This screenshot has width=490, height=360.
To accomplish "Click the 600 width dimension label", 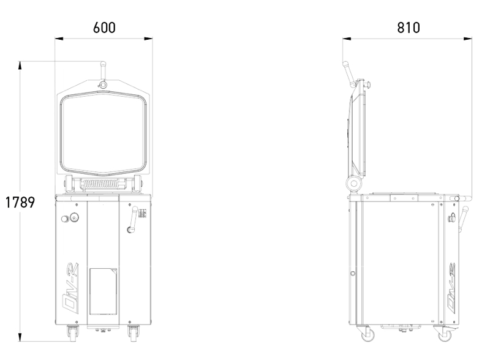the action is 104,28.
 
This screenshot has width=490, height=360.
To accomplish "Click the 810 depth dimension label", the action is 409,28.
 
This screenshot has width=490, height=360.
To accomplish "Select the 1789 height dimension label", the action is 20,203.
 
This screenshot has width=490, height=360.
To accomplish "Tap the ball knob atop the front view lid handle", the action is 103,64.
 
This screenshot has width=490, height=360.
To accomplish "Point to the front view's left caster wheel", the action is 73,334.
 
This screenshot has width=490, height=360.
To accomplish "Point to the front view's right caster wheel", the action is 134,334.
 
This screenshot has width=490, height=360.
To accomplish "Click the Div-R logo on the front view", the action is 70,288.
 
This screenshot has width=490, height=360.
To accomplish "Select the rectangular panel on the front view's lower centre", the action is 104,291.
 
